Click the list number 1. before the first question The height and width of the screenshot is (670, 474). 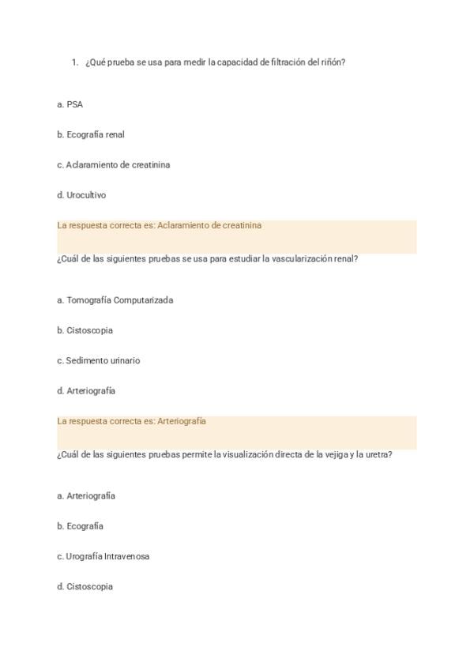coord(74,62)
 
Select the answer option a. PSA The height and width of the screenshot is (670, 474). coord(70,104)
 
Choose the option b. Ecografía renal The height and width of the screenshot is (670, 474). coord(91,134)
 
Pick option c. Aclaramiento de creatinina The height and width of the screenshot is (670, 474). coord(113,165)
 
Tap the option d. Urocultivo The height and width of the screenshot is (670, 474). coord(81,195)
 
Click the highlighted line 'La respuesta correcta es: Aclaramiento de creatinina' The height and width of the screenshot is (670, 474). coord(159,225)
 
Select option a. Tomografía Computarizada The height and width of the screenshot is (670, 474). coord(115,300)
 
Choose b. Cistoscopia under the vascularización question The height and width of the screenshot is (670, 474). coord(85,330)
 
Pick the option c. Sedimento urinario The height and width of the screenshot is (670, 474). coord(99,360)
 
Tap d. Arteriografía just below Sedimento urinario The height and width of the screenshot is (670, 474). coord(86,391)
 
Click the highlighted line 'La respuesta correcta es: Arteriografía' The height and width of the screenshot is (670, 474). coord(131,421)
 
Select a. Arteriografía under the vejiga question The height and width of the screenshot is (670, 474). coord(86,496)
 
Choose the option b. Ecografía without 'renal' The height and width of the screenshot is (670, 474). coord(80,526)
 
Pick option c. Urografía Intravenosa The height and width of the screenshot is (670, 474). coord(103,556)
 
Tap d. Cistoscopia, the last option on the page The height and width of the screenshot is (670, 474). coord(85,586)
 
